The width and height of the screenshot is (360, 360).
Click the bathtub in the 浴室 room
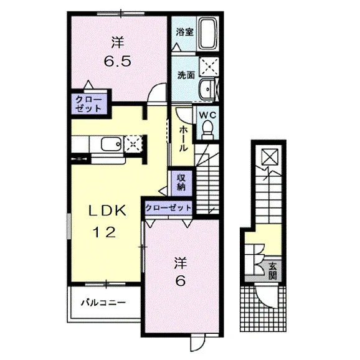click(x=208, y=34)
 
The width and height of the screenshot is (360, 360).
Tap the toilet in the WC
click(x=207, y=130)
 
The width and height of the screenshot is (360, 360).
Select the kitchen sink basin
click(x=111, y=144)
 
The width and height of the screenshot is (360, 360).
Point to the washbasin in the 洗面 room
click(x=207, y=89)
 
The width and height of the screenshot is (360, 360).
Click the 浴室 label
click(x=184, y=32)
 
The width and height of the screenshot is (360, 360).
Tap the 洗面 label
click(x=186, y=75)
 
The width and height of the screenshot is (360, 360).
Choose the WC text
click(x=207, y=115)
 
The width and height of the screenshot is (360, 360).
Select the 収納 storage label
click(x=181, y=182)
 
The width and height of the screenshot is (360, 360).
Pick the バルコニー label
click(x=103, y=303)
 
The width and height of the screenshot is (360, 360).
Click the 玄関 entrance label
click(x=273, y=271)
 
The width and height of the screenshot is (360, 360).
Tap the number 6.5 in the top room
click(x=117, y=61)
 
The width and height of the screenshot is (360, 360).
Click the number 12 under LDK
click(x=104, y=232)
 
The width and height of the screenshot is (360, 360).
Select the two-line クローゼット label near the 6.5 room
click(x=88, y=104)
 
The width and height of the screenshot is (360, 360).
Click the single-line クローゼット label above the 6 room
click(x=168, y=208)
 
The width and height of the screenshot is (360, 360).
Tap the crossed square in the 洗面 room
click(x=208, y=67)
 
